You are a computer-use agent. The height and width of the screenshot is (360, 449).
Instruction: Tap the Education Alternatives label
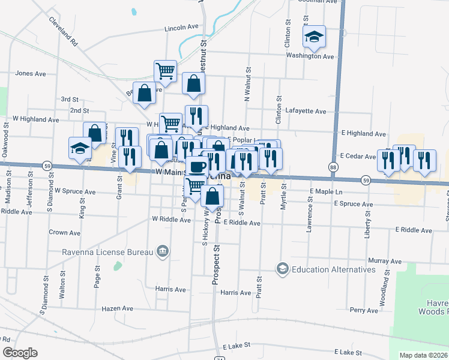[x=333, y=269]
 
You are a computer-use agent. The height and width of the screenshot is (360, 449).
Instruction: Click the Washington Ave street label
[x=310, y=56]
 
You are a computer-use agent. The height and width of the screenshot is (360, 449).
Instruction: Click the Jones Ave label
[x=31, y=74]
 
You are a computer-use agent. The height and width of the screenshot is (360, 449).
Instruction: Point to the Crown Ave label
[x=65, y=233]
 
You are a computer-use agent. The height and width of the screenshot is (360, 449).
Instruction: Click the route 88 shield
[x=333, y=166]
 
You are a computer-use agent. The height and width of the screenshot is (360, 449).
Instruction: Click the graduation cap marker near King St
[x=80, y=148]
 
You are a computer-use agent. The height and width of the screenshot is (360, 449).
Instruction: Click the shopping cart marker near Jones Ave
[x=165, y=71]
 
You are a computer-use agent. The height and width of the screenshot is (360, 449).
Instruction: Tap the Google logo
[x=20, y=353]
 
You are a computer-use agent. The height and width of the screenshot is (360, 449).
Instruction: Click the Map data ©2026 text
[x=424, y=355]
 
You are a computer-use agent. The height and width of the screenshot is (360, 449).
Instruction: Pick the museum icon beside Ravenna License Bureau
[x=161, y=251]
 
